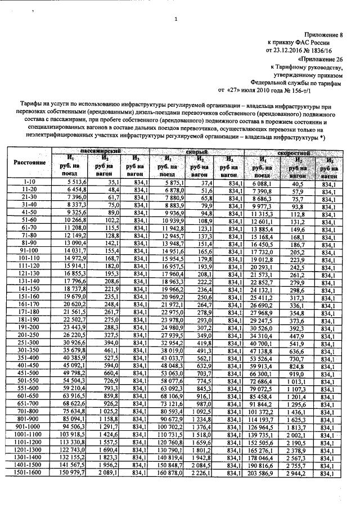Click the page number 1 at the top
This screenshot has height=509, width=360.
coord(176,21)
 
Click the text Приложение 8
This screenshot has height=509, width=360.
coord(325,35)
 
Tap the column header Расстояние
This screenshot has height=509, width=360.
coord(29,162)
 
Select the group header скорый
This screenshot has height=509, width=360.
coord(197,152)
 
